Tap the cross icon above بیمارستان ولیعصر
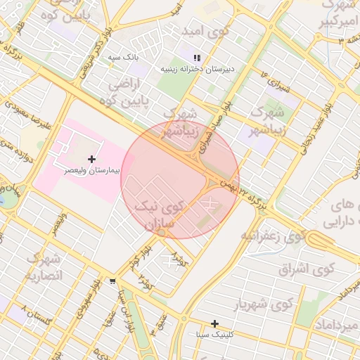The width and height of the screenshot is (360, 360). click(x=91, y=160)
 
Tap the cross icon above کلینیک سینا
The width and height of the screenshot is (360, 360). click(x=215, y=323)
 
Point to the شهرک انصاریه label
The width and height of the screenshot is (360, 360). click(x=44, y=267)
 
